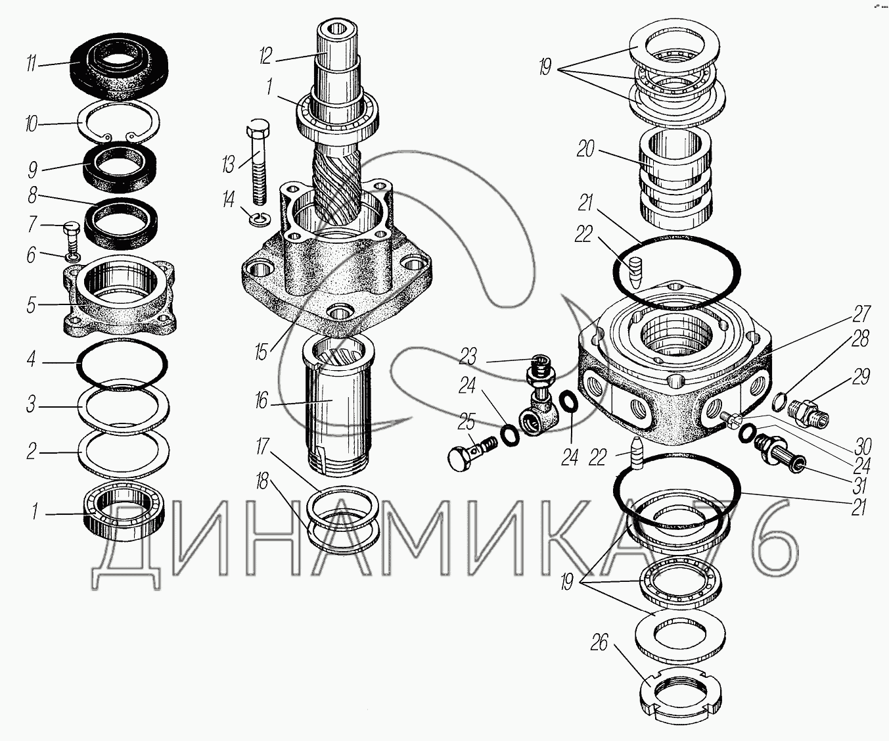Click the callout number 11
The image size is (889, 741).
[x=31, y=64]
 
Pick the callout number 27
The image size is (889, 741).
[x=862, y=313]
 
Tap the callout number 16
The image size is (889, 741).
[x=261, y=400]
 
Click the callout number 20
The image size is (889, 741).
[x=585, y=150]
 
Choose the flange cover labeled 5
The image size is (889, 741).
[x=118, y=299]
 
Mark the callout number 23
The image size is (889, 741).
[x=467, y=356]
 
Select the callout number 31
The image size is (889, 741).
[x=860, y=486]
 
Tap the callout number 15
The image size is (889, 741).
[x=262, y=352]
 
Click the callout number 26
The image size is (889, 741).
[x=599, y=643]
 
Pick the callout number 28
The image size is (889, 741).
[x=859, y=339]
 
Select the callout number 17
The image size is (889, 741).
[x=263, y=448]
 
